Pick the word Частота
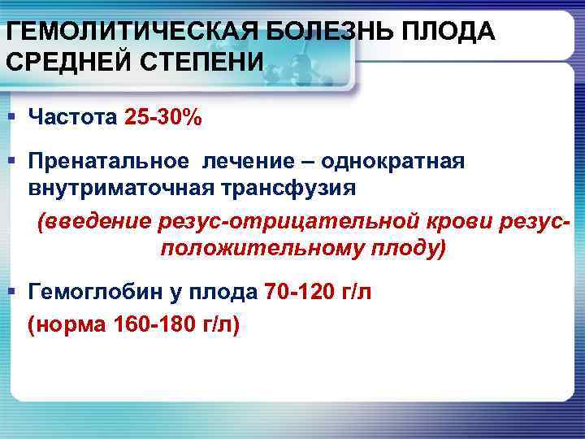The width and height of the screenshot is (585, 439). tap(74, 118)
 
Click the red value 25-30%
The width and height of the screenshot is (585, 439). tap(162, 118)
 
